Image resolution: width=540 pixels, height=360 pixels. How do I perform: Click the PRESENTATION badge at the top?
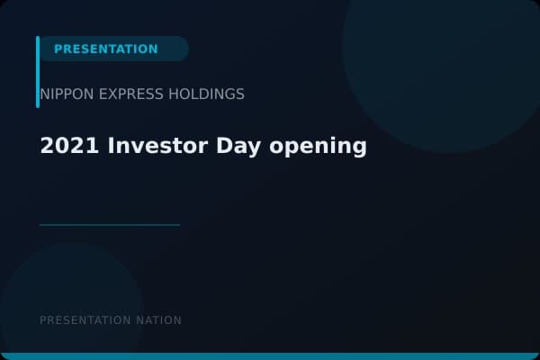pos(106,49)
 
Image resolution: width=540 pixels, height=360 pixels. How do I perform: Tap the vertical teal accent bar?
pos(38,72)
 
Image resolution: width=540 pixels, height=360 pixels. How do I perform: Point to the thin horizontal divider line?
pos(110,225)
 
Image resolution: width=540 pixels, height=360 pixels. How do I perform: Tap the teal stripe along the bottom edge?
pos(270,356)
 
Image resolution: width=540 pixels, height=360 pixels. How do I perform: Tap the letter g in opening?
pos(360,148)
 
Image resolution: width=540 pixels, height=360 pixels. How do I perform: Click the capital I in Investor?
pos(112,146)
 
